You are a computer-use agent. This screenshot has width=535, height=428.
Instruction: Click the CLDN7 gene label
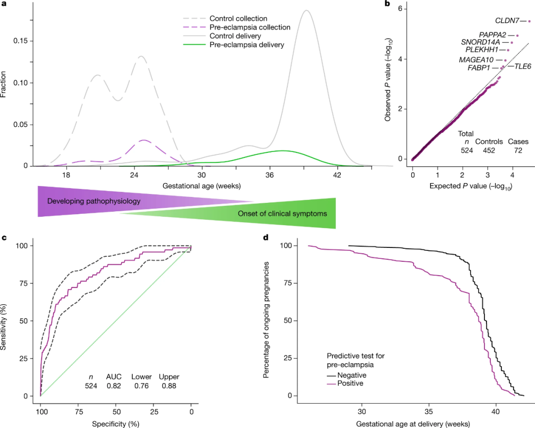(507, 21)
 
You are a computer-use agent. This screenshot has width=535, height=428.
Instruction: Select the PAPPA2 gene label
(492, 35)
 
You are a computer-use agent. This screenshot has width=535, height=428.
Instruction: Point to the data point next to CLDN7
(529, 21)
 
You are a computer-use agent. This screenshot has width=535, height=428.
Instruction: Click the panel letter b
(387, 4)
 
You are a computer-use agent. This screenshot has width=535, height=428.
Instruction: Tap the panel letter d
(266, 238)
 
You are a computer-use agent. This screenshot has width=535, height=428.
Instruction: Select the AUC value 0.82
(114, 386)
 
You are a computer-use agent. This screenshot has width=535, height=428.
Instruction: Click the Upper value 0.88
(169, 386)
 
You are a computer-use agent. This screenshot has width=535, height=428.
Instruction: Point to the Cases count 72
(518, 151)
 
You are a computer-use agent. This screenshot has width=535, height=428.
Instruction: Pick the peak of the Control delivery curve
(307, 10)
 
